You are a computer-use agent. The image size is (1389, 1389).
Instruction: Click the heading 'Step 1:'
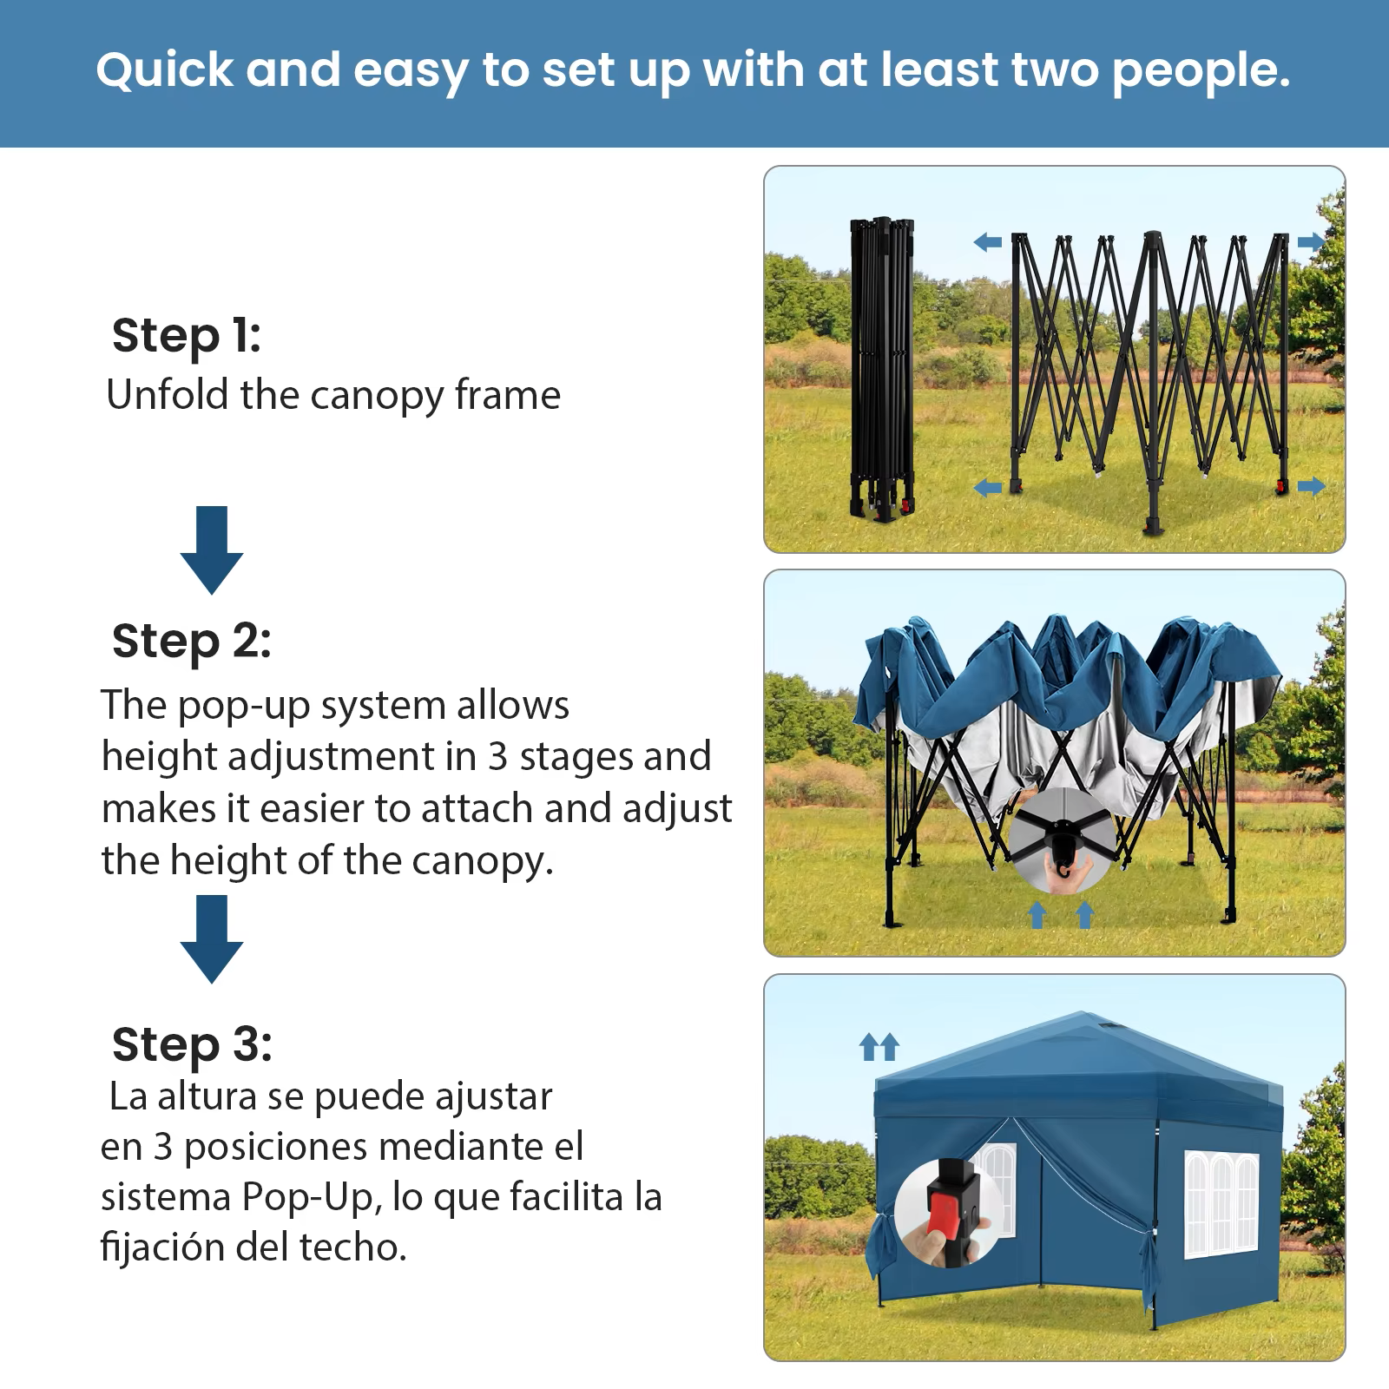point(187,336)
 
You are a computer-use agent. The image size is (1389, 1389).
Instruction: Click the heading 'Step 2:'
point(192,642)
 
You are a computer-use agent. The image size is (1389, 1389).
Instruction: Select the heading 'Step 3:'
point(192,1044)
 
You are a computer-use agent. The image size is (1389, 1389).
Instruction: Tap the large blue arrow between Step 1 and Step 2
point(212,550)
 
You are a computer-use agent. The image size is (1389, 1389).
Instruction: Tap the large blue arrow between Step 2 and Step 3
point(212,939)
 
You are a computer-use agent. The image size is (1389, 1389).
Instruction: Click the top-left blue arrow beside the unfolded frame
point(987,242)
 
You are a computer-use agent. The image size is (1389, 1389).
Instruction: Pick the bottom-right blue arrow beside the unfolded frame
point(1312,486)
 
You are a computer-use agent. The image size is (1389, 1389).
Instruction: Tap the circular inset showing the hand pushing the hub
point(1061,841)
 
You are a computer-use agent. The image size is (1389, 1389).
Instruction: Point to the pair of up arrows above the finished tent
point(879,1046)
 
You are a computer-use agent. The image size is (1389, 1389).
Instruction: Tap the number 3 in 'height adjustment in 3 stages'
point(497,756)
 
